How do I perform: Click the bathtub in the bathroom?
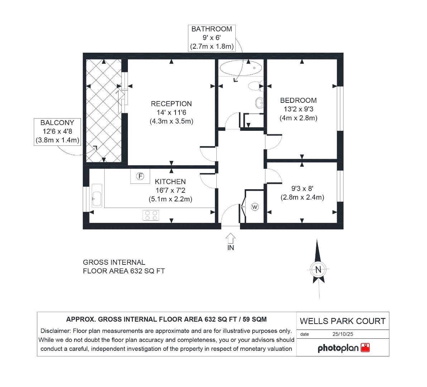pos(240,68)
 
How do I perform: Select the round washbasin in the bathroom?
pos(259,103)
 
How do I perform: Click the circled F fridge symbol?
pos(140,176)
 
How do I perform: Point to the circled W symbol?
pos(255,207)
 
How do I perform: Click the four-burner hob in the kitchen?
pos(151,215)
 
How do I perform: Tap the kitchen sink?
pos(97,195)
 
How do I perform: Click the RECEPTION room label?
pos(171,104)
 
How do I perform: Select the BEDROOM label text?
pos(298,100)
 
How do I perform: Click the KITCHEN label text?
pos(170,182)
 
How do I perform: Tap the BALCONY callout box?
pos(57,132)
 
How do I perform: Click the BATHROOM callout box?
pos(212,38)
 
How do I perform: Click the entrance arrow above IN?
pos(231,238)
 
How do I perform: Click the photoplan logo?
pos(344,348)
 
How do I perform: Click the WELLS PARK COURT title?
pos(342,321)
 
